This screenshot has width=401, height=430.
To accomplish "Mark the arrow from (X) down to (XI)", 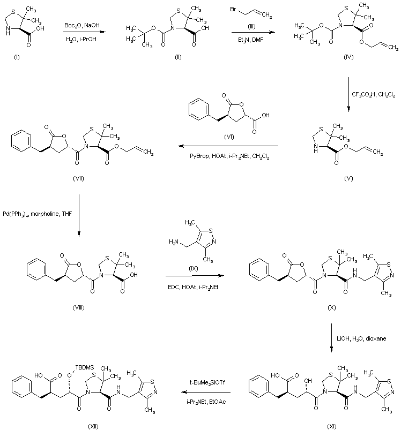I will pyautogui.click(x=331, y=340).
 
